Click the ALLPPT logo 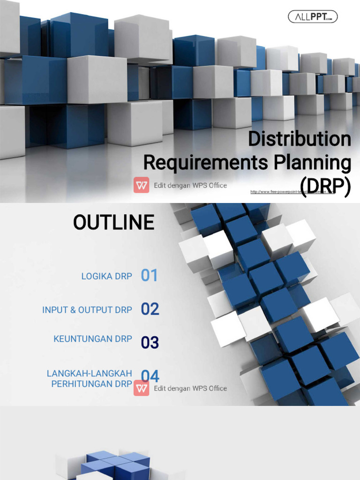313,17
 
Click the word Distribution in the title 299,139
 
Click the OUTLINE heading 113,222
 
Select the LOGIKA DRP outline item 106,276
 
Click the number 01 150,276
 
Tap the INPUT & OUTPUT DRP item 87,310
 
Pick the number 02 150,309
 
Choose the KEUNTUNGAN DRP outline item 93,338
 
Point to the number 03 150,343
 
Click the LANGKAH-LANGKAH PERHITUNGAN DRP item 90,378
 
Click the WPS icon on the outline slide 141,388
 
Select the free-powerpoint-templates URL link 293,192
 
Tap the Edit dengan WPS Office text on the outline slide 190,388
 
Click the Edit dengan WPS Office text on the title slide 190,185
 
